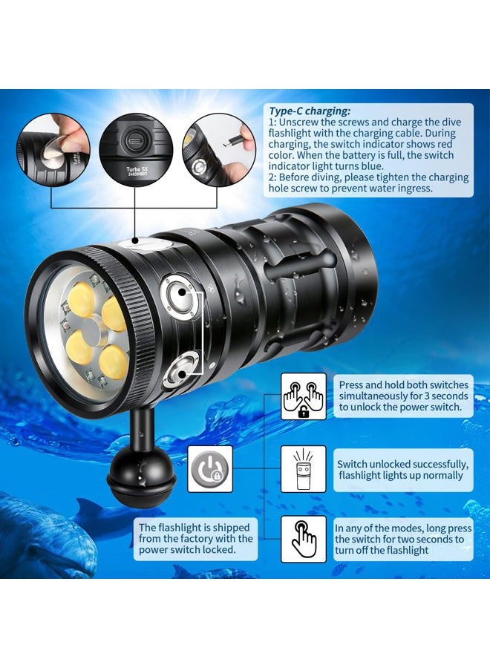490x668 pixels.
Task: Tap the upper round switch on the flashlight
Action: pos(177,291)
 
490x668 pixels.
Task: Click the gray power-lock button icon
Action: pos(210,468)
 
